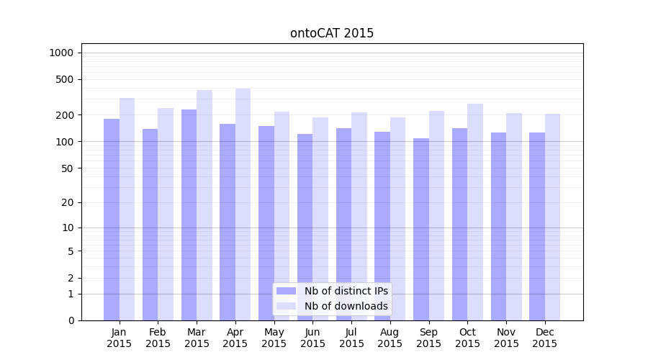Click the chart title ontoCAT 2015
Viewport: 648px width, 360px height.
click(x=332, y=33)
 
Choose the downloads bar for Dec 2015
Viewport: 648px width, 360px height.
click(x=552, y=217)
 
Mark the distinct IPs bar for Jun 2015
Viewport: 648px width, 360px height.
click(x=305, y=227)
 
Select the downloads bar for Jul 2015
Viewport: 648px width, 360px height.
click(x=359, y=216)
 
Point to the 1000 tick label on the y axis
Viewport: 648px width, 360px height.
click(x=61, y=53)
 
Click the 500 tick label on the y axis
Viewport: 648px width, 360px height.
click(x=65, y=79)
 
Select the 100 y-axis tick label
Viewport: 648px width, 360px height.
click(x=65, y=142)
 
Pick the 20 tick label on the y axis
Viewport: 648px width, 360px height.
click(x=67, y=202)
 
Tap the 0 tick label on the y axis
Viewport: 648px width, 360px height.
click(x=71, y=320)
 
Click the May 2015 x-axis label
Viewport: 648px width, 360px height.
click(x=274, y=338)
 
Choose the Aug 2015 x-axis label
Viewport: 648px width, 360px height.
click(x=390, y=338)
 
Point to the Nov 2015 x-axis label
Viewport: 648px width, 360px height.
click(x=506, y=338)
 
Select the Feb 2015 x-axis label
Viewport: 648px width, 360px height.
click(x=158, y=338)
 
